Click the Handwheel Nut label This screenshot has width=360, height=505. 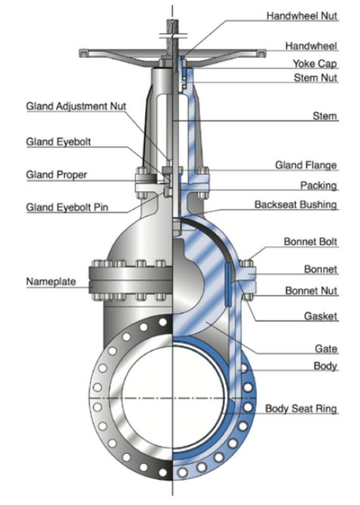click(x=302, y=15)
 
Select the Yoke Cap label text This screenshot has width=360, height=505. click(x=315, y=64)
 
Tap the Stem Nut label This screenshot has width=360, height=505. click(x=315, y=78)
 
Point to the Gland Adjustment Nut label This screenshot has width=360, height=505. click(x=76, y=107)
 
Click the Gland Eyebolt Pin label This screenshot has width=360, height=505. click(x=66, y=207)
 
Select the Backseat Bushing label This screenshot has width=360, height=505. click(x=296, y=205)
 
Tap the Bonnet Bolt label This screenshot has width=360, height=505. click(x=310, y=241)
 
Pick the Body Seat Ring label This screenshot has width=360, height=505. click(x=301, y=409)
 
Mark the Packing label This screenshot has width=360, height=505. click(x=318, y=186)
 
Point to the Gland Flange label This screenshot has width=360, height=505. click(x=306, y=165)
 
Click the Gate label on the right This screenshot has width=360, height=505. click(x=326, y=349)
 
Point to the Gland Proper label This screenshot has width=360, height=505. click(x=56, y=174)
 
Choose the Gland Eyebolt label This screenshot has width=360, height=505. click(x=58, y=142)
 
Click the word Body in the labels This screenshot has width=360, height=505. click(x=325, y=366)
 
